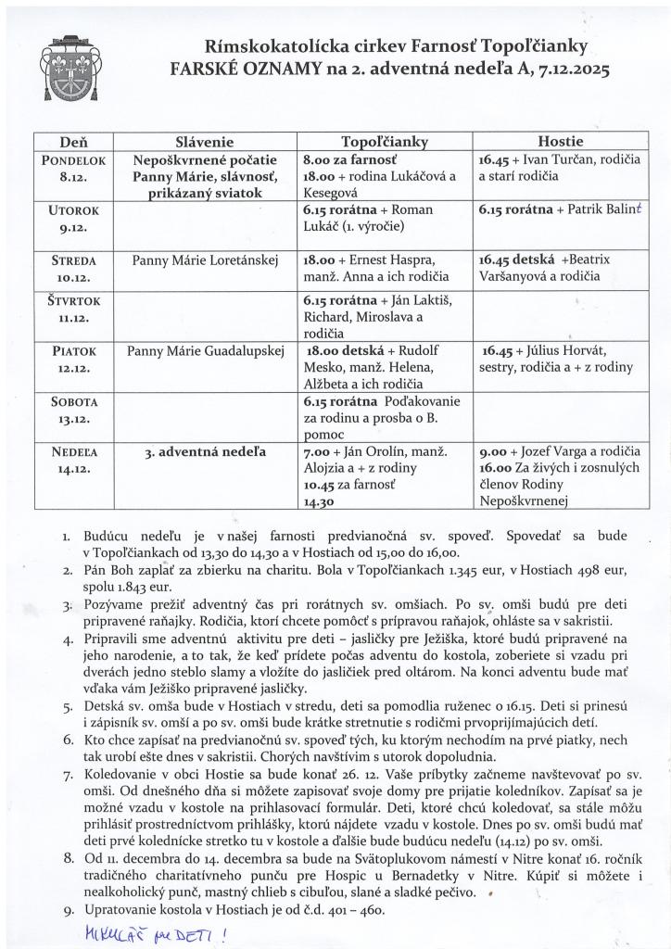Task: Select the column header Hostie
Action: (560, 142)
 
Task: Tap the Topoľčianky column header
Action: (384, 142)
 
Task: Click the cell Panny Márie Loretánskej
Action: (205, 259)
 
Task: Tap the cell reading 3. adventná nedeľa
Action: (205, 452)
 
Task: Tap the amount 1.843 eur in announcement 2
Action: (134, 588)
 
